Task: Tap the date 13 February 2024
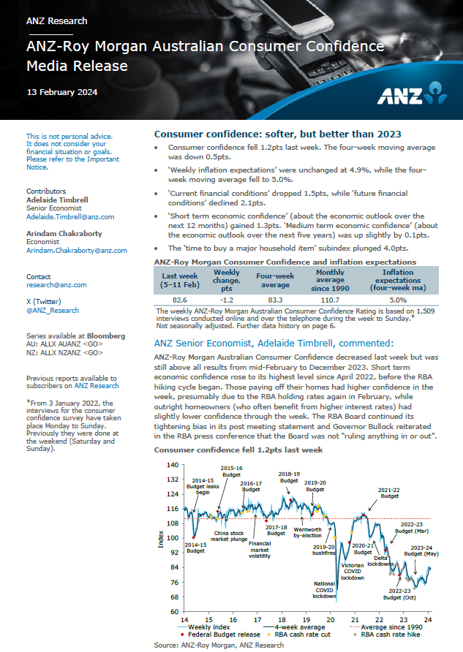tap(61, 92)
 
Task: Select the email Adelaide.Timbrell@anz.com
tap(70, 217)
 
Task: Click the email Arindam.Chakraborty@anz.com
tap(77, 250)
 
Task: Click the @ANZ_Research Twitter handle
tap(52, 310)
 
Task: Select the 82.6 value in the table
tap(179, 299)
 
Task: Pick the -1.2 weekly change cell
tap(227, 299)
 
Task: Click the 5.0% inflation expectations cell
tap(398, 299)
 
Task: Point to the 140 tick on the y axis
tap(172, 465)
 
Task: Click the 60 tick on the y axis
tap(174, 612)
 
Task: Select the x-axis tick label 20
tap(330, 619)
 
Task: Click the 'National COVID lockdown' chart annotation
tap(325, 590)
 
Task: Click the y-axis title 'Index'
tap(162, 539)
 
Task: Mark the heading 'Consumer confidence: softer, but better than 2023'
tap(277, 134)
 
